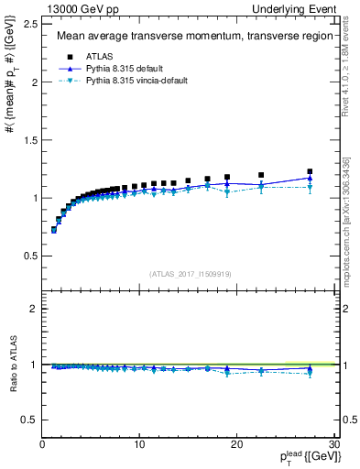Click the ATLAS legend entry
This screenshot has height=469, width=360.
click(96, 57)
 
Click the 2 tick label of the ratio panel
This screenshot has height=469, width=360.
click(33, 309)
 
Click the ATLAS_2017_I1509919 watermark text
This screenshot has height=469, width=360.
click(190, 274)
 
